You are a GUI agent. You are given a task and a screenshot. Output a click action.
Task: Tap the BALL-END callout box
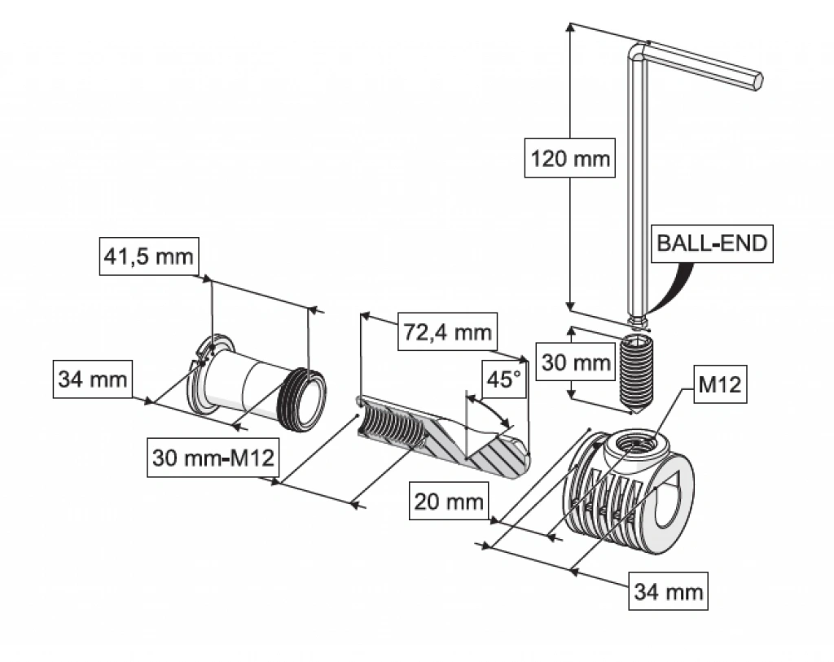712,243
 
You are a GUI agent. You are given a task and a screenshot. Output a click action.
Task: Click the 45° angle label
502,380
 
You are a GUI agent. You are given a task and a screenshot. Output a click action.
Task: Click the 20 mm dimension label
449,500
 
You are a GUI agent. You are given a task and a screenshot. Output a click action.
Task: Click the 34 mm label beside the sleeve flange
92,379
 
